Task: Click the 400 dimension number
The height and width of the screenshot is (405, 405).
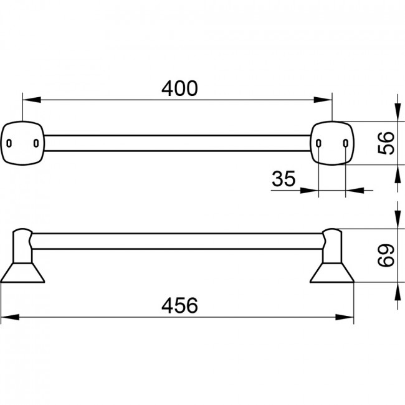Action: (x=179, y=88)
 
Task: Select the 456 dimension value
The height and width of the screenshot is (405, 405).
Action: (x=179, y=305)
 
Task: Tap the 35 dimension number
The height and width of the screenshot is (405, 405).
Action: (x=283, y=178)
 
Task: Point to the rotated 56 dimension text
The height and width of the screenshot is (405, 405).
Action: (x=386, y=143)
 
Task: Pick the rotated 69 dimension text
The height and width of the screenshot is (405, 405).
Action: (x=386, y=255)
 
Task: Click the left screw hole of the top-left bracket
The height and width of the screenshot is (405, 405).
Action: (x=9, y=143)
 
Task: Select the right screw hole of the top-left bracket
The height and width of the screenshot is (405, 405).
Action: (x=36, y=143)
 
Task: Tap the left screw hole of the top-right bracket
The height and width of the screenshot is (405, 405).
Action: (x=319, y=143)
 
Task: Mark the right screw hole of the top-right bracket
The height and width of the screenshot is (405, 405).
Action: (x=346, y=143)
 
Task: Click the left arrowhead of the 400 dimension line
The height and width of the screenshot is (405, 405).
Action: (x=32, y=100)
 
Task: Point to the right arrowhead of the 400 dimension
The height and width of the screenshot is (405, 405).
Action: (x=323, y=100)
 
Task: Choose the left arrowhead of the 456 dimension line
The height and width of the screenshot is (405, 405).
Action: (x=10, y=317)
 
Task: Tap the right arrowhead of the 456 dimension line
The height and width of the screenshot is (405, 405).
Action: (x=345, y=317)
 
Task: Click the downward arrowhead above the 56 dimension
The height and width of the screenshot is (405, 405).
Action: (x=398, y=112)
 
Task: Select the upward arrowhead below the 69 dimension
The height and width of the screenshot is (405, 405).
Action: (x=398, y=292)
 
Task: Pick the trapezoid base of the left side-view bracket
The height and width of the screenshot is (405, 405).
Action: (x=22, y=273)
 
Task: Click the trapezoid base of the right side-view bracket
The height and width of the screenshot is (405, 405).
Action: (x=332, y=273)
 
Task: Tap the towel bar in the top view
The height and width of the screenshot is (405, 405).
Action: (x=177, y=143)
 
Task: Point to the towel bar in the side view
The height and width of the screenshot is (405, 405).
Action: (x=177, y=241)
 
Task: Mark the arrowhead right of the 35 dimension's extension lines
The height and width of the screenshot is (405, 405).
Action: (x=355, y=191)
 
